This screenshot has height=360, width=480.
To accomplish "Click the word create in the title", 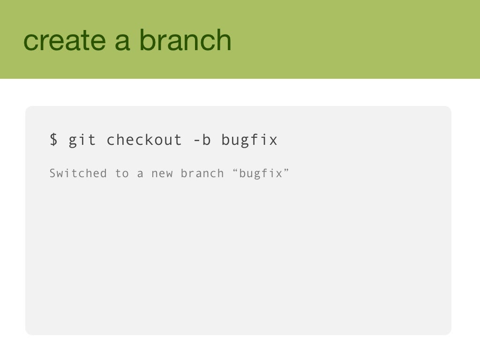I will coord(65,40).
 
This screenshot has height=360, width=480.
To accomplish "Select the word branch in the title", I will coord(185,40).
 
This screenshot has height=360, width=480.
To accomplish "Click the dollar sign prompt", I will coord(54,140).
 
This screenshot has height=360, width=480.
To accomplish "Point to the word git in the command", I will coord(82,140).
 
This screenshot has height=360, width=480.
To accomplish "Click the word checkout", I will coord(144,140).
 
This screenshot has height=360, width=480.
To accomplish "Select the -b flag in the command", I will coord(202,140).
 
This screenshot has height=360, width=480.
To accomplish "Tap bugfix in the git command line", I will coord(249,140).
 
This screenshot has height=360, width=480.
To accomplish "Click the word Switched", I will coord(78,173).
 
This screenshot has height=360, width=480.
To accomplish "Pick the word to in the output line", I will coord(122,173).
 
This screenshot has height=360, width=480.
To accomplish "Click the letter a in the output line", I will coord(140,174).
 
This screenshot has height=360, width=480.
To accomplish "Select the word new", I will coord(162,174).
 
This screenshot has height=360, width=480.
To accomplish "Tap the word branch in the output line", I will coord(202,173).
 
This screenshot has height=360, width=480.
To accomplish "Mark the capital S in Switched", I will coord(53,173).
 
